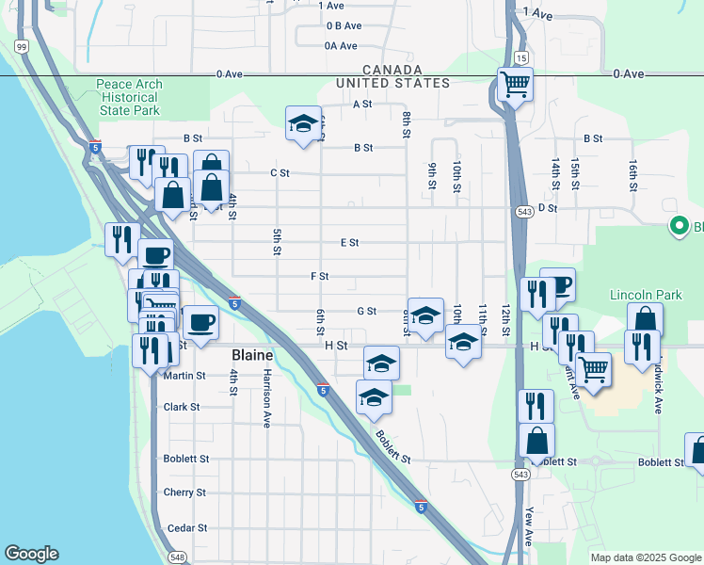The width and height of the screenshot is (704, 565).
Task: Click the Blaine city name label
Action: [x=251, y=356]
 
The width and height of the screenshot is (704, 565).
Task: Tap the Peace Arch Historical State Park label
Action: [x=129, y=97]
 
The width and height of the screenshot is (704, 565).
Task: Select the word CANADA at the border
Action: [x=392, y=71]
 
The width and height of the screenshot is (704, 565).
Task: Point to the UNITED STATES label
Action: [x=393, y=84]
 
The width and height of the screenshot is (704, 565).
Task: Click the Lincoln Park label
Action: [x=645, y=295]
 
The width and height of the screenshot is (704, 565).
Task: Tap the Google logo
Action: [x=31, y=554]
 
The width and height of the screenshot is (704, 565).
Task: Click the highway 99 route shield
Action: [x=21, y=45]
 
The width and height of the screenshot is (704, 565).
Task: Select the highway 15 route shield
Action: [x=520, y=58]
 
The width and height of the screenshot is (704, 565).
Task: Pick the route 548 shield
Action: [x=179, y=557]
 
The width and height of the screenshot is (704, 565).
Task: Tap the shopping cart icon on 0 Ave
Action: [x=515, y=84]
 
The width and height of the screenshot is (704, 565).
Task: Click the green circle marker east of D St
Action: [x=677, y=226]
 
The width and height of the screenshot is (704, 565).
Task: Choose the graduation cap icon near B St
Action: [x=303, y=123]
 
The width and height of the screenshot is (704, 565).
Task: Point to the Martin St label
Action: [x=184, y=376]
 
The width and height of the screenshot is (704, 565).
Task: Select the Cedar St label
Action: [x=186, y=529]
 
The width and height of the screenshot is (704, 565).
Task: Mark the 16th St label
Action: [x=633, y=170]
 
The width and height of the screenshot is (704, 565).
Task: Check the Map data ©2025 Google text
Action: [x=644, y=557]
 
